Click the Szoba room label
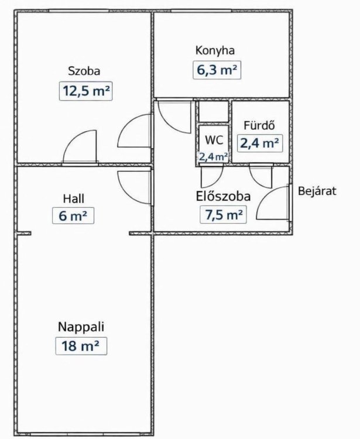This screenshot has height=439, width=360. (84, 71)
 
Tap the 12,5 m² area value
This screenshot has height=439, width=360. (85, 91)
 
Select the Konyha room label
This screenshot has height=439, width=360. (215, 50)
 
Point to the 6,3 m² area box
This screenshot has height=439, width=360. (217, 70)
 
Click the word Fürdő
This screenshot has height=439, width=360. (259, 125)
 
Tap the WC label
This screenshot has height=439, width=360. (214, 140)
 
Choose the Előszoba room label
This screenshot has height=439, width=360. (223, 196)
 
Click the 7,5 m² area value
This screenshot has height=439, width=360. (224, 214)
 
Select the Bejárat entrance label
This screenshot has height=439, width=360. (317, 191)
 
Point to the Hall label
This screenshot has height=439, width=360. (73, 198)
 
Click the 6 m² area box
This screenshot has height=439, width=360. (73, 215)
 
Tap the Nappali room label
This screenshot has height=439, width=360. (81, 327)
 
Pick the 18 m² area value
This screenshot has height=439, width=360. (81, 346)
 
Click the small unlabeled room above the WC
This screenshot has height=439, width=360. (214, 111)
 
